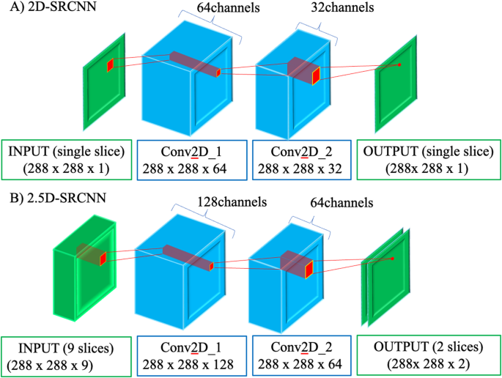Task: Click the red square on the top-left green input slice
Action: [110, 65]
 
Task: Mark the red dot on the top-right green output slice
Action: [399, 64]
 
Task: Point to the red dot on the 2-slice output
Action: [393, 259]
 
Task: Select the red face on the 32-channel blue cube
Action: [317, 75]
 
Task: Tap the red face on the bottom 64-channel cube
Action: [309, 270]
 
